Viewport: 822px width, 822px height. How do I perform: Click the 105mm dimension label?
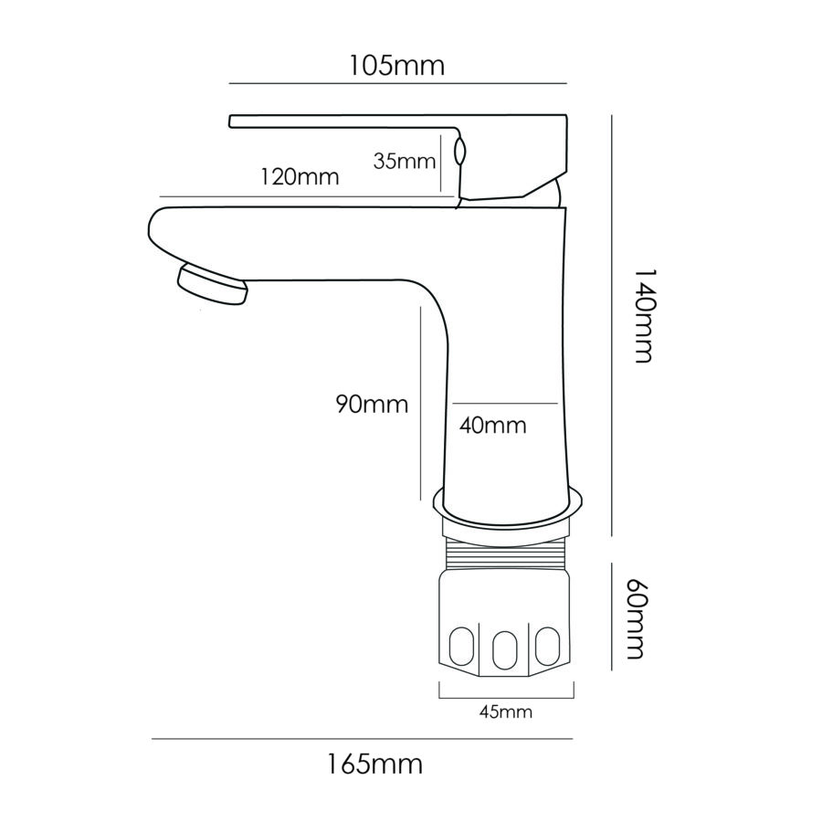(x=396, y=66)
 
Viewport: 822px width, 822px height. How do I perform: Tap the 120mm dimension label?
(x=299, y=176)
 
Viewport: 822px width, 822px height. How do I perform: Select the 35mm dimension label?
(x=403, y=162)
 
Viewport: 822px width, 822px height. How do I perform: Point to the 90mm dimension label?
(x=371, y=404)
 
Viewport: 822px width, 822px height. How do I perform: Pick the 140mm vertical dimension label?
(x=643, y=316)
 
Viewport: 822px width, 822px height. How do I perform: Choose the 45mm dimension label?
(x=504, y=711)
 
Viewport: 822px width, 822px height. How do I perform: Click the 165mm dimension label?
(x=374, y=764)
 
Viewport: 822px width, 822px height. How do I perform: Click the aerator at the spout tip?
(x=212, y=282)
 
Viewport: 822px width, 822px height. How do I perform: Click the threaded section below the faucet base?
(x=505, y=552)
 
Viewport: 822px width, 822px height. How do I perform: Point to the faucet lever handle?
(x=402, y=122)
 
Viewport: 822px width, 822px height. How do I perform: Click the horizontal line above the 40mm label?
(x=505, y=403)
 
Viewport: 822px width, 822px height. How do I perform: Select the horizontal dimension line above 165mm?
(x=362, y=738)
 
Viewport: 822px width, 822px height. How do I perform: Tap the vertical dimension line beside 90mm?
(x=419, y=402)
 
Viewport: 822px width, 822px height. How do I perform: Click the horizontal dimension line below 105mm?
(x=397, y=84)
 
